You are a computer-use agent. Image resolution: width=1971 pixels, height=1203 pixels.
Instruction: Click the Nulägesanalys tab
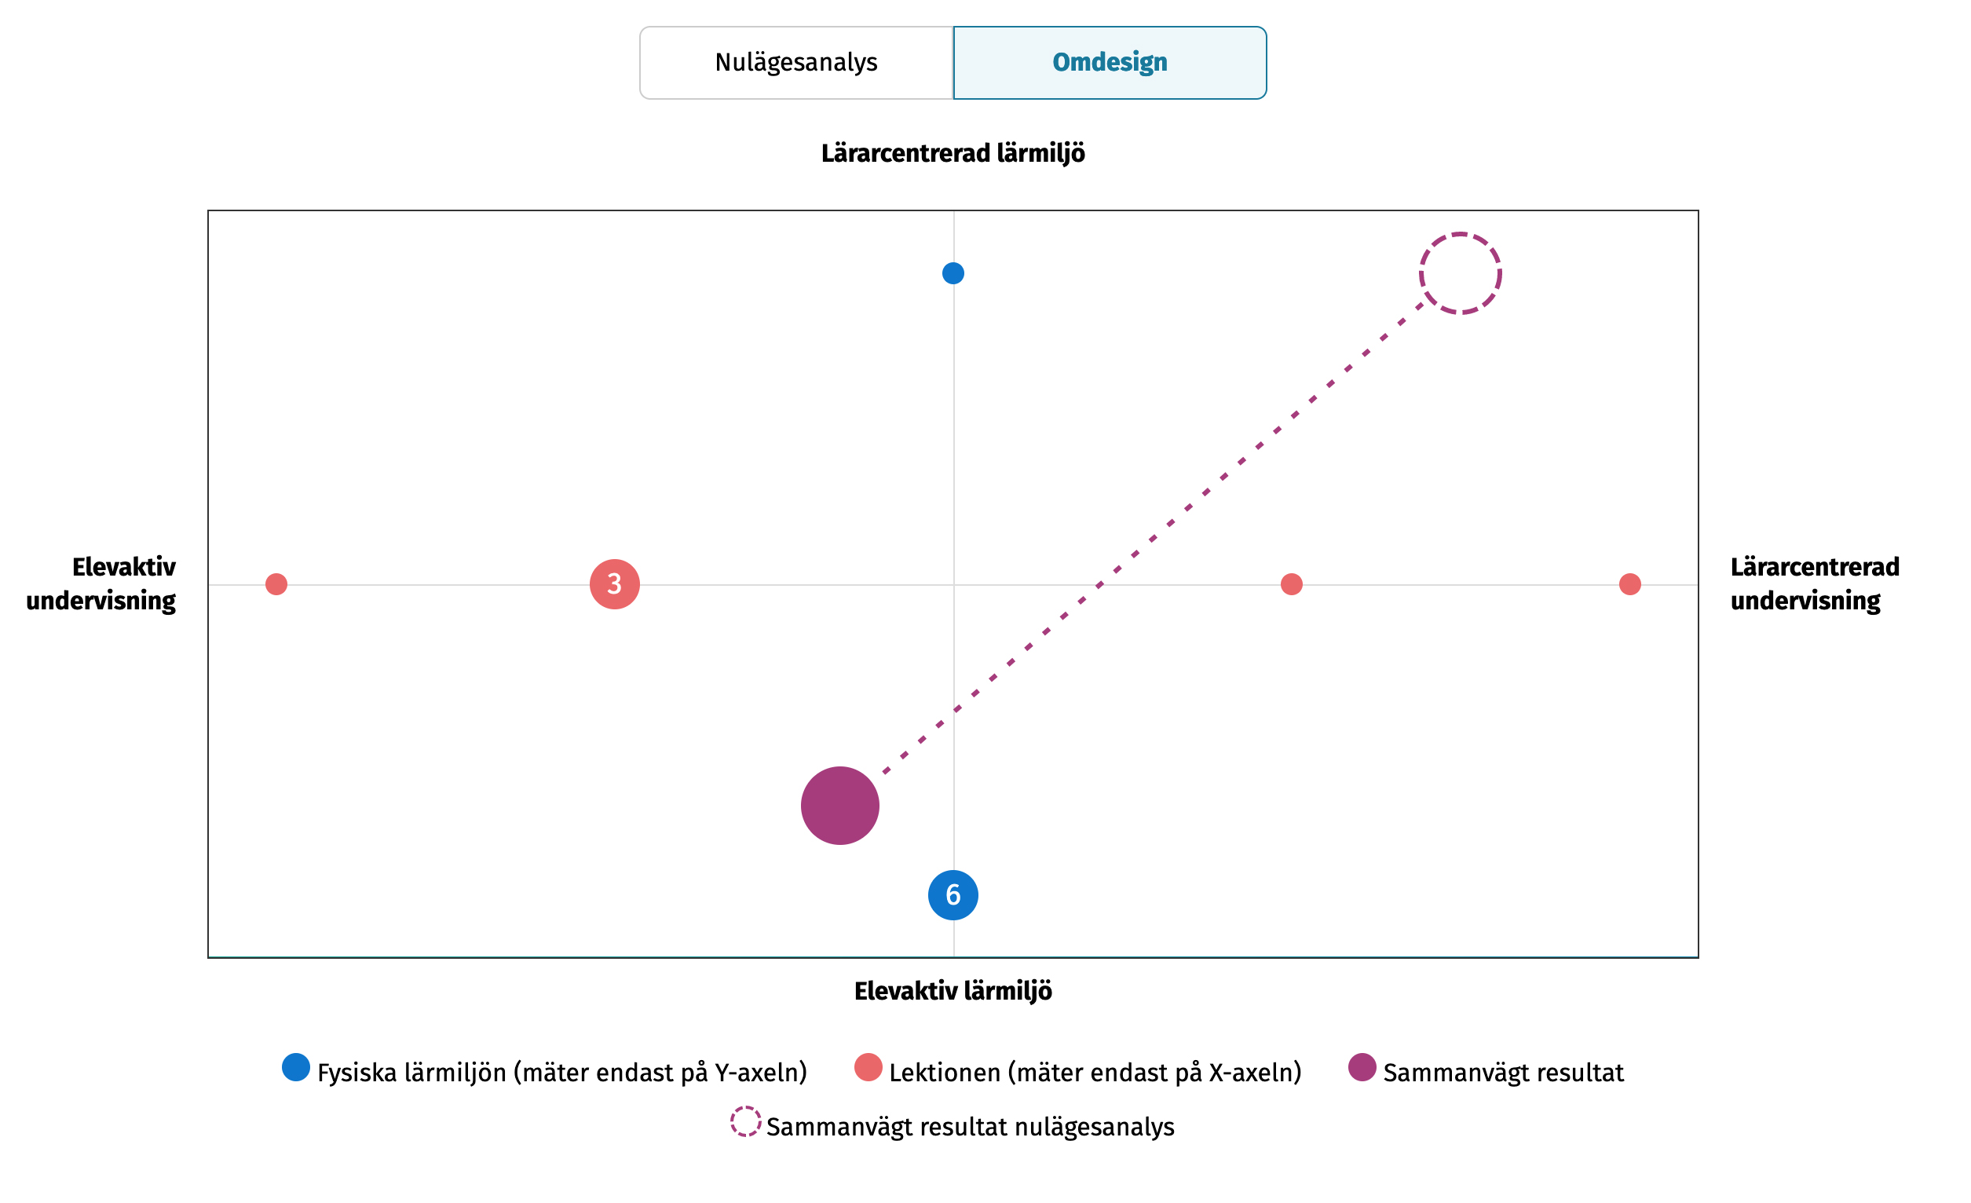click(x=796, y=62)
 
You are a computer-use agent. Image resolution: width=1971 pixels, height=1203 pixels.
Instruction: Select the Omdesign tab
click(x=1110, y=62)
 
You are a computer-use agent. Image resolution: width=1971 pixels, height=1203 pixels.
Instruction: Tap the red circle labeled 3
click(x=614, y=584)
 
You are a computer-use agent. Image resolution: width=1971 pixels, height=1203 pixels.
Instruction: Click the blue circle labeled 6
click(x=953, y=894)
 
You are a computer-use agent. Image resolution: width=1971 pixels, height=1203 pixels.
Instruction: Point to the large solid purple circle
click(x=840, y=806)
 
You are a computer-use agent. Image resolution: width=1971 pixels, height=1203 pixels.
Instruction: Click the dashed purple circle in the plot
click(x=1460, y=273)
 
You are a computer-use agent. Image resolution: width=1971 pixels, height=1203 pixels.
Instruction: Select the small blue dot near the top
click(x=953, y=273)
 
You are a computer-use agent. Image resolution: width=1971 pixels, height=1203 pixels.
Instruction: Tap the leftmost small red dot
click(x=276, y=584)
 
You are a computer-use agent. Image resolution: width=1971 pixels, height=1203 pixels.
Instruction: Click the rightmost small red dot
click(x=1629, y=584)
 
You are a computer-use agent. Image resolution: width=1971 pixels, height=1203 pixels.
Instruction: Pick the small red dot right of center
click(x=1291, y=584)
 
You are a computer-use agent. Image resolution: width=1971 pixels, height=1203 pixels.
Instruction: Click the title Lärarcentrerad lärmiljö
click(x=953, y=153)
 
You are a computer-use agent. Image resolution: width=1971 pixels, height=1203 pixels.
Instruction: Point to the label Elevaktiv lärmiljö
click(x=953, y=991)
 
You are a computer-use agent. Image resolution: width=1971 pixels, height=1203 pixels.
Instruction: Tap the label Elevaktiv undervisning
click(x=101, y=584)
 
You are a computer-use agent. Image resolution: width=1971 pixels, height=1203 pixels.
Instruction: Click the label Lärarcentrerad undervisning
click(x=1814, y=584)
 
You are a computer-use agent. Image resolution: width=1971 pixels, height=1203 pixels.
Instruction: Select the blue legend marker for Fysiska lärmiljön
click(x=296, y=1067)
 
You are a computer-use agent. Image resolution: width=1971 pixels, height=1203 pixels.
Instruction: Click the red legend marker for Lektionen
click(x=868, y=1067)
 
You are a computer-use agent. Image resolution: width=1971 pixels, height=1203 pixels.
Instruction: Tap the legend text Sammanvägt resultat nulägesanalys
click(x=970, y=1127)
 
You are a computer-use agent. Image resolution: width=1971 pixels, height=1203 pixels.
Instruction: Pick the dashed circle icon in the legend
click(x=744, y=1121)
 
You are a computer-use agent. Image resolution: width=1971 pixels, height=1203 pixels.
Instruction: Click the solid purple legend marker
click(x=1362, y=1067)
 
